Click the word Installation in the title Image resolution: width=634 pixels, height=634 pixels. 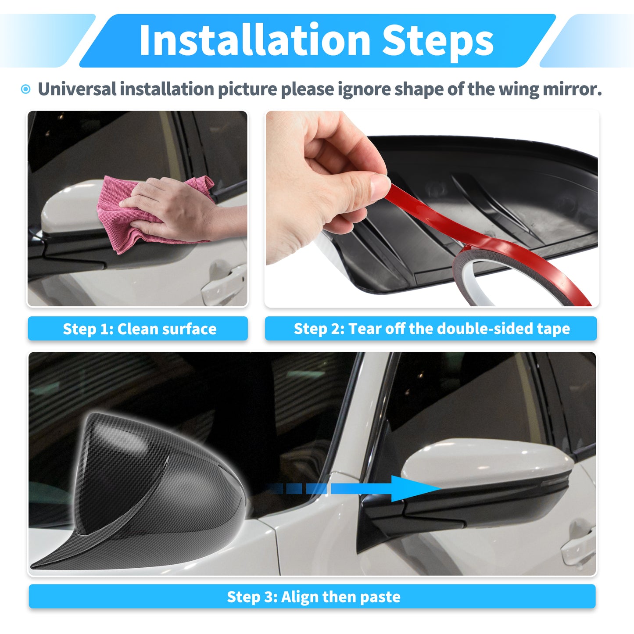(255, 40)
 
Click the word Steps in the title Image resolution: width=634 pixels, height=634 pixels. (437, 42)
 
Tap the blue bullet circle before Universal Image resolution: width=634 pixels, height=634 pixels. (25, 89)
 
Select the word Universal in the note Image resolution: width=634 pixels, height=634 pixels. (77, 89)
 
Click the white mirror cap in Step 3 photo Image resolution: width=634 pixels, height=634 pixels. (487, 462)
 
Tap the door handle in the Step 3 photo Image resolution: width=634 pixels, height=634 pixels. (577, 543)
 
